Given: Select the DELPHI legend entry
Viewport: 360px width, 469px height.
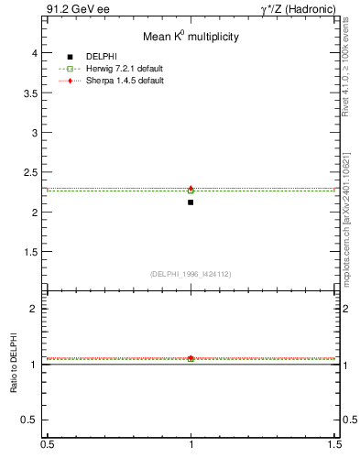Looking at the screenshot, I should click(x=100, y=57).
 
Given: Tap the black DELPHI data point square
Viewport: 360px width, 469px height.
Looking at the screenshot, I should click(x=191, y=202).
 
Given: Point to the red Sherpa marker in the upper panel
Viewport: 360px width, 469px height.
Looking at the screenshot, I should click(x=191, y=189).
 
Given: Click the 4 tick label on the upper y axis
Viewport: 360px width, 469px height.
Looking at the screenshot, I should click(x=34, y=53).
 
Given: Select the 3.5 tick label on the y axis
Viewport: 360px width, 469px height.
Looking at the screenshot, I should click(x=30, y=93).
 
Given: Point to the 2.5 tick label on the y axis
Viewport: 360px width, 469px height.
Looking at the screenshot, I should click(x=30, y=172).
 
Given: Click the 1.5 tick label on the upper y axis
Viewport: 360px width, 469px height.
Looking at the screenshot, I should click(x=30, y=251).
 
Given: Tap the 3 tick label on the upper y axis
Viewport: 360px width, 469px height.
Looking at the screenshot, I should click(x=34, y=133).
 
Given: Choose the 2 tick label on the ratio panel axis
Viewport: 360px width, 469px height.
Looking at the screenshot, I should click(x=34, y=309).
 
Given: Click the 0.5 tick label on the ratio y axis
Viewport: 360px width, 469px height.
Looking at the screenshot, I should click(x=30, y=420).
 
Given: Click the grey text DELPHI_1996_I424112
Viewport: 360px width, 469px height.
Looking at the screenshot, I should click(x=191, y=273).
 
